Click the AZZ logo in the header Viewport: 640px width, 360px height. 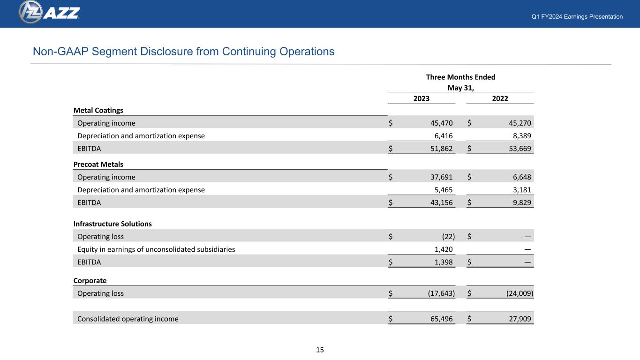point(49,12)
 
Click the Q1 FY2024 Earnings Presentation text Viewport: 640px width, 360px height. point(577,16)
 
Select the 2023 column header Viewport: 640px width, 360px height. point(421,98)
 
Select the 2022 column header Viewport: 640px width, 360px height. point(500,98)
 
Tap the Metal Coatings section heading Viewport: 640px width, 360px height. point(98,110)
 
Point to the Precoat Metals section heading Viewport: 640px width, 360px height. point(98,164)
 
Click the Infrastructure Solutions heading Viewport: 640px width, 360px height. point(112,224)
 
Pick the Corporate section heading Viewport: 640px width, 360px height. point(90,281)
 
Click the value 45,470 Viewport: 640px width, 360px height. point(441,123)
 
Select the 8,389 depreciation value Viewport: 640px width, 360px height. point(522,136)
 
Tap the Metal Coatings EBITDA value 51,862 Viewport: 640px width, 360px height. point(441,149)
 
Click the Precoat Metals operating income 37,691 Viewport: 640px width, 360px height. point(441,177)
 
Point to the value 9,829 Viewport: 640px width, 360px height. point(522,202)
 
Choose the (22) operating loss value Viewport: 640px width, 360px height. point(448,237)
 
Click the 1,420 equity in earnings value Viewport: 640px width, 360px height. point(444,249)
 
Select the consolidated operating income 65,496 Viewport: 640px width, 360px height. point(441,319)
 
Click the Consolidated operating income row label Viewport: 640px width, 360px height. point(128,319)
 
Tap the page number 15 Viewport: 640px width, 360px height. point(320,350)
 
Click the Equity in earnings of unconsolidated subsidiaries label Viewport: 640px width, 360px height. point(156,249)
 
